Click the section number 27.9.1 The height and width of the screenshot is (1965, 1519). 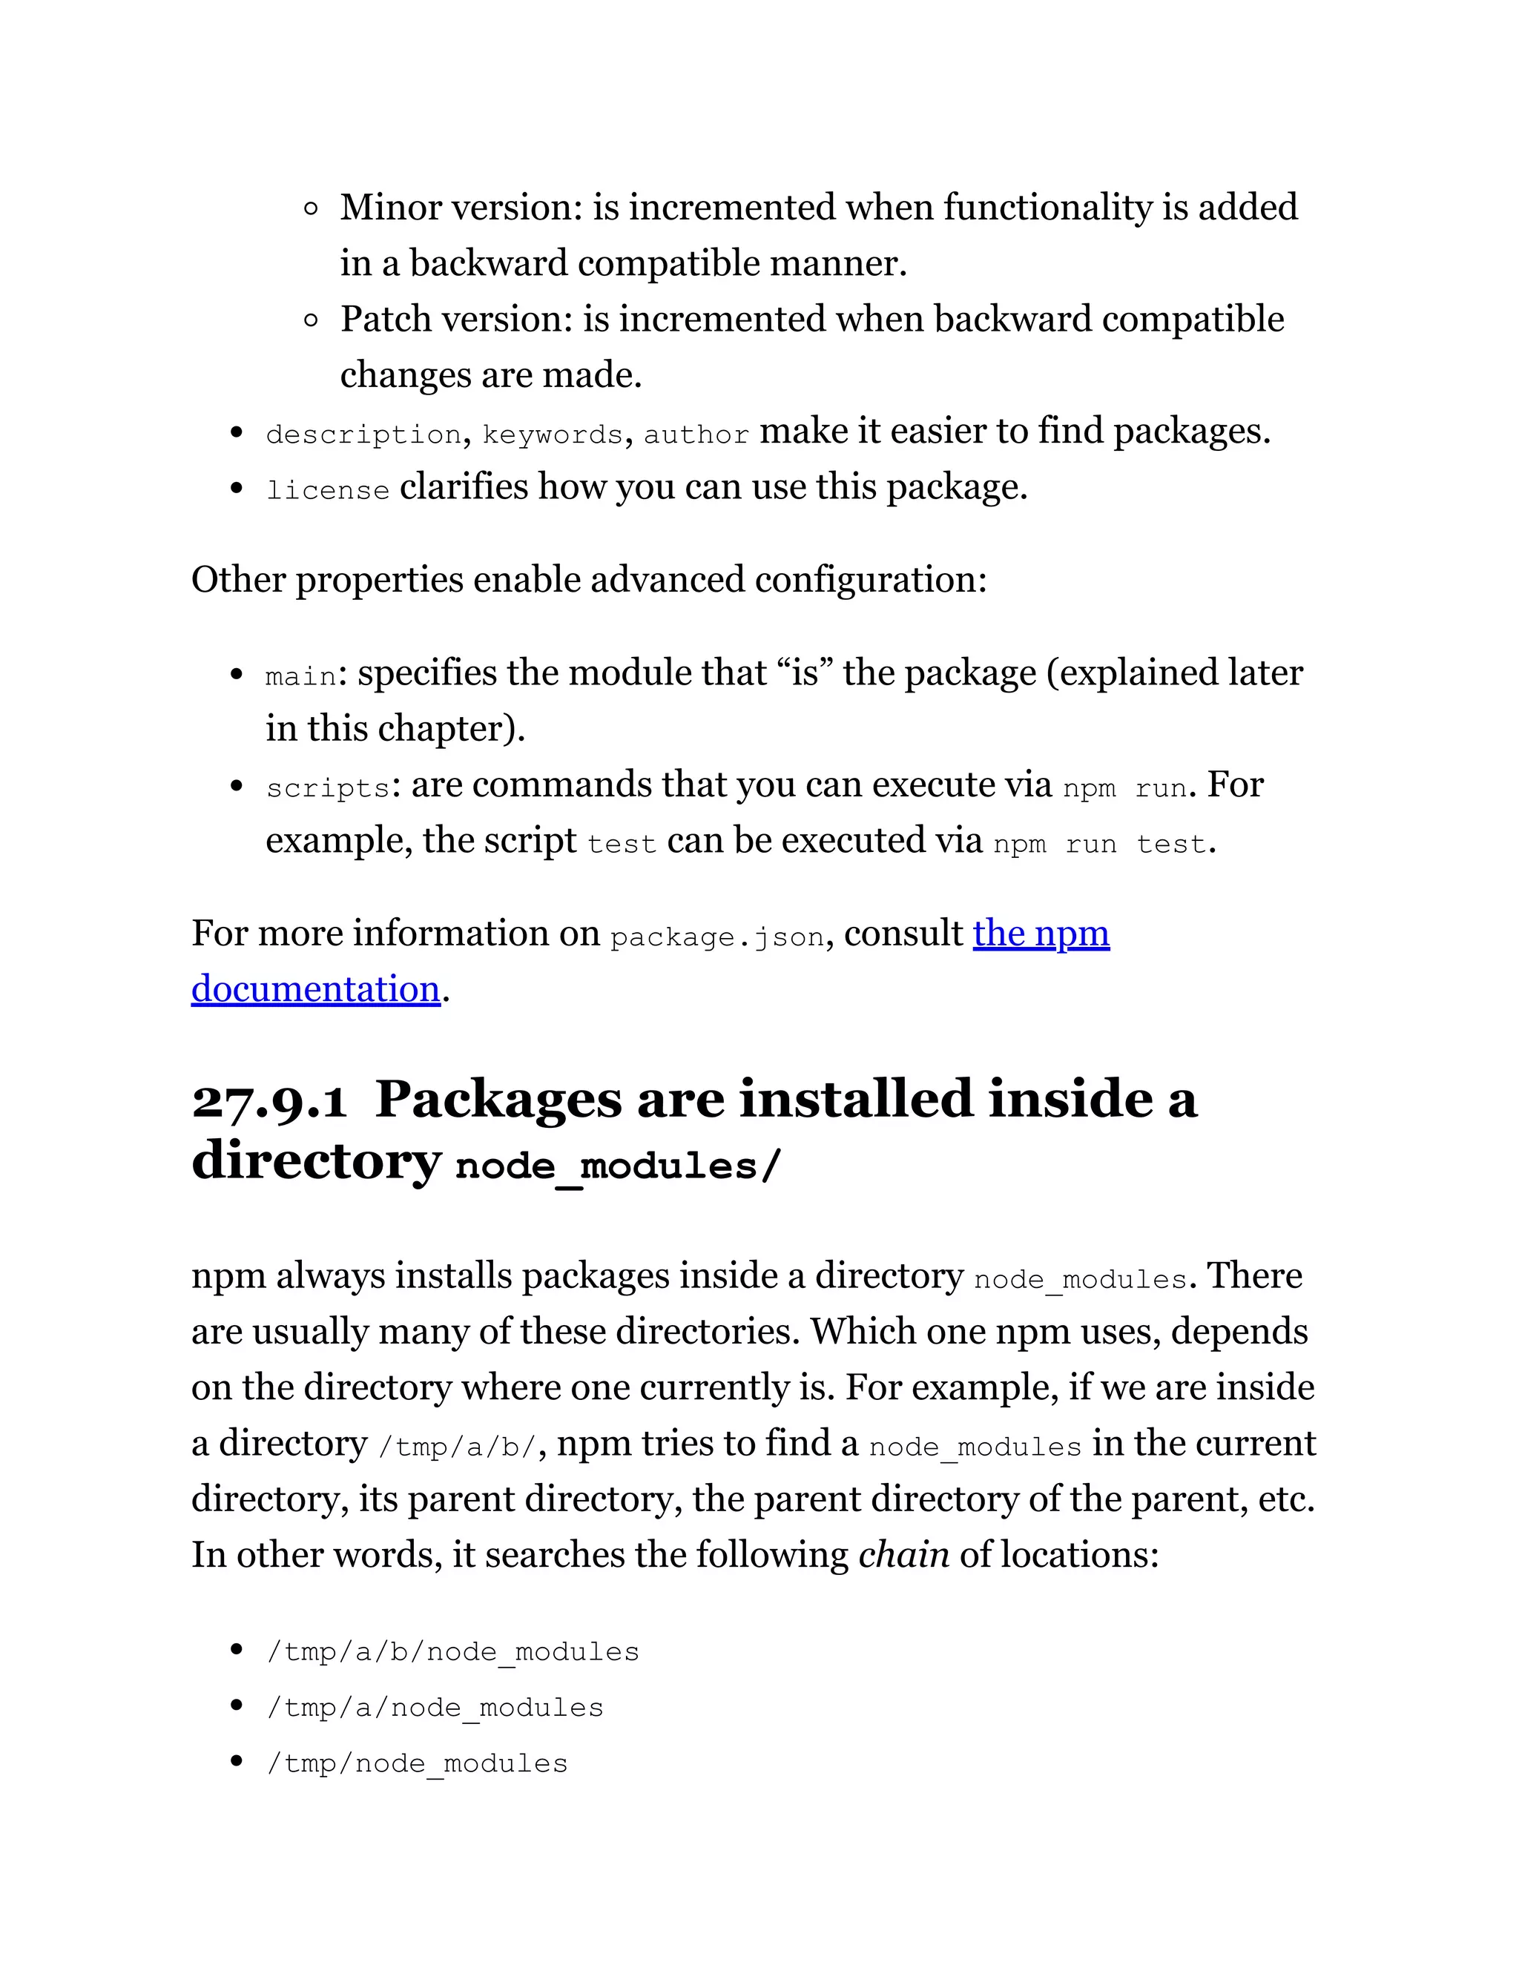click(269, 1100)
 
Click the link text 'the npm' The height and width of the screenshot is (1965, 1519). click(1041, 934)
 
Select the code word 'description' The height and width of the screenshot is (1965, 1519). click(363, 435)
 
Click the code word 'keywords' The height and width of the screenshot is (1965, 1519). click(553, 435)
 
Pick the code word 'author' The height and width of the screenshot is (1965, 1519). click(696, 435)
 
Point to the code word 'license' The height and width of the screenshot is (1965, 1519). click(328, 490)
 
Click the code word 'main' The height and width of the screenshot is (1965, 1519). click(300, 676)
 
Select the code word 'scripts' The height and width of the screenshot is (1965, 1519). click(328, 788)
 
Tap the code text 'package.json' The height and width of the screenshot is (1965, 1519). click(716, 937)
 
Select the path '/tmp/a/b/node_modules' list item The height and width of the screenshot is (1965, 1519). click(452, 1652)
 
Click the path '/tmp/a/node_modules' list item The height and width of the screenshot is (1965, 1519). click(435, 1708)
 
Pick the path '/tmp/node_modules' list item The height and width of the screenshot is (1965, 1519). click(417, 1763)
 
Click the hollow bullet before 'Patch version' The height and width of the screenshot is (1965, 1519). click(311, 320)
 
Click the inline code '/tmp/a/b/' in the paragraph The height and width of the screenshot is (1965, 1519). click(457, 1447)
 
